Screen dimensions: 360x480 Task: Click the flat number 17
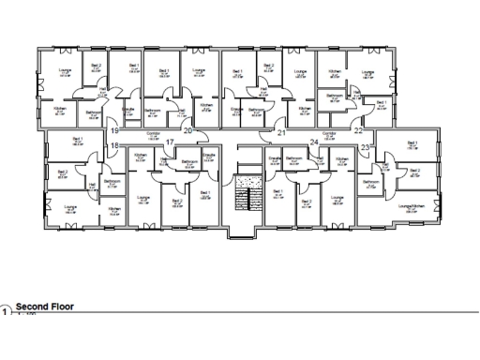pyautogui.click(x=171, y=142)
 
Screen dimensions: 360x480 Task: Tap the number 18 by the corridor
pyautogui.click(x=113, y=147)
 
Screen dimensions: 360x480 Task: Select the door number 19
pyautogui.click(x=113, y=131)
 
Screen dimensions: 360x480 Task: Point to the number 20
pyautogui.click(x=187, y=131)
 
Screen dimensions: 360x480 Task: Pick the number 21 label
pyautogui.click(x=281, y=133)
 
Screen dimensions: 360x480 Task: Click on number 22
pyautogui.click(x=358, y=131)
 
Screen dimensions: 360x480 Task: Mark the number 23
pyautogui.click(x=365, y=148)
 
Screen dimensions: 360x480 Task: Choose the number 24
pyautogui.click(x=315, y=142)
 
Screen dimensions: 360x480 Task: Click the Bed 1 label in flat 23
pyautogui.click(x=412, y=143)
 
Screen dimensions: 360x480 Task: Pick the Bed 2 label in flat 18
pyautogui.click(x=62, y=172)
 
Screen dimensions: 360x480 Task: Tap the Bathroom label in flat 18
pyautogui.click(x=111, y=181)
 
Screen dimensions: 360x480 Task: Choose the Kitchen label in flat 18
pyautogui.click(x=113, y=208)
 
